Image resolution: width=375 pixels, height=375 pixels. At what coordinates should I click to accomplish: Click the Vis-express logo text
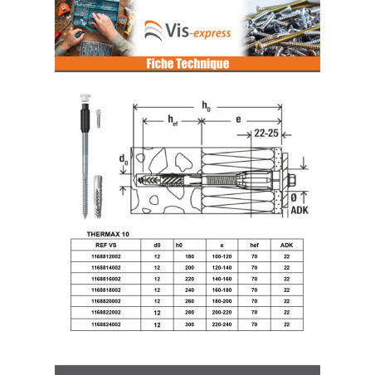coord(198,31)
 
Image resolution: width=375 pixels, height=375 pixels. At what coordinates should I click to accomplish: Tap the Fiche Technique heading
coord(187,64)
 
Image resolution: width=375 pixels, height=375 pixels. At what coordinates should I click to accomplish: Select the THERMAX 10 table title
coord(108,234)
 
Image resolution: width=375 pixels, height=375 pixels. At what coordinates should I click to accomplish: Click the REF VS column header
coord(106,245)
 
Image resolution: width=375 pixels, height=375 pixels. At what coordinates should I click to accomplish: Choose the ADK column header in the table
coord(286,245)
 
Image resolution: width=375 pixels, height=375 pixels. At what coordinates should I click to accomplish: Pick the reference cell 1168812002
coord(106,256)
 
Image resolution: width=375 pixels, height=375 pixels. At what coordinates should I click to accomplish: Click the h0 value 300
coord(189,324)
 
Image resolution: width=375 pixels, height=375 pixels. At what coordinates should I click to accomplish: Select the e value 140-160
coord(222,279)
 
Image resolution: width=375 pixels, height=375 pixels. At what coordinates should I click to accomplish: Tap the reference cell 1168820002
coord(106,301)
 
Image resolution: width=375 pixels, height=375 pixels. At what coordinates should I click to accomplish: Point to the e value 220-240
coord(222,324)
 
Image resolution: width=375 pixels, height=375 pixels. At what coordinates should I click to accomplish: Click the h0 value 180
coord(189,256)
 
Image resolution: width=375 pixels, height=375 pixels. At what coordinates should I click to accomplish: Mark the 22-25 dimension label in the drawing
coord(266,133)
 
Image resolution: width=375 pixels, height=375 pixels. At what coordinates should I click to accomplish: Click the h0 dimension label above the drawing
coord(206,106)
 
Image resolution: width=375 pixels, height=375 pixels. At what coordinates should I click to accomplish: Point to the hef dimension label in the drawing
coord(173,120)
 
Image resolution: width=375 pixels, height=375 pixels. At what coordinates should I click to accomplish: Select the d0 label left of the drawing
coord(124,159)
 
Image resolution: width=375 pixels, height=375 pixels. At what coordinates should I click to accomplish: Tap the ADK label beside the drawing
coord(300,210)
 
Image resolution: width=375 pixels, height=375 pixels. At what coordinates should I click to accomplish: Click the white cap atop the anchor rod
coord(85,98)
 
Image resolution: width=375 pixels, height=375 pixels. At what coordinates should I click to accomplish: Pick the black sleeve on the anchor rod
coord(85,119)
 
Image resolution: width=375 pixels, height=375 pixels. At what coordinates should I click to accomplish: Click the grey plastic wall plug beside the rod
coord(98,197)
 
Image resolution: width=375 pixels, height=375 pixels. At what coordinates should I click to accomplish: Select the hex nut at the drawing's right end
coord(292,181)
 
